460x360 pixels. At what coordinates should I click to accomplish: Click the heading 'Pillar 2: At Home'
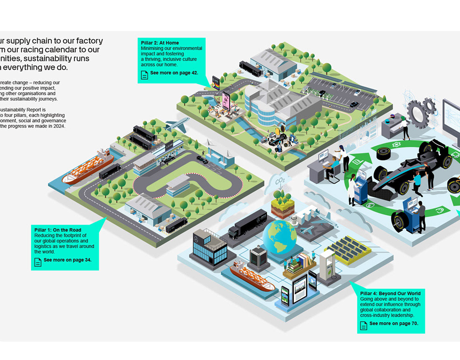[x=160, y=43]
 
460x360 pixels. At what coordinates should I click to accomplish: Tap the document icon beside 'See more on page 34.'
[x=38, y=261]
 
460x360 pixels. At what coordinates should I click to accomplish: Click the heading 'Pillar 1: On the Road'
[x=58, y=230]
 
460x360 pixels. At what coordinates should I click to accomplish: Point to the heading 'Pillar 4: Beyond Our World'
[x=390, y=294]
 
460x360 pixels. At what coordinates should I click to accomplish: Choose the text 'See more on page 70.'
[x=393, y=323]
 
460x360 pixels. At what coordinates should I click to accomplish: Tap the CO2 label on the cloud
[x=280, y=181]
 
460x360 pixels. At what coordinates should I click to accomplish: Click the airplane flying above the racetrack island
[x=176, y=124]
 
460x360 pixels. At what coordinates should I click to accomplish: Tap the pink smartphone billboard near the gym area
[x=226, y=100]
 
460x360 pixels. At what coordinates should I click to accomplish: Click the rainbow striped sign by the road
[x=216, y=83]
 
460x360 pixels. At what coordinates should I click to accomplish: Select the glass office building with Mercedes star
[x=209, y=249]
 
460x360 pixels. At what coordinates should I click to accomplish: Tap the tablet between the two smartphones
[x=299, y=288]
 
